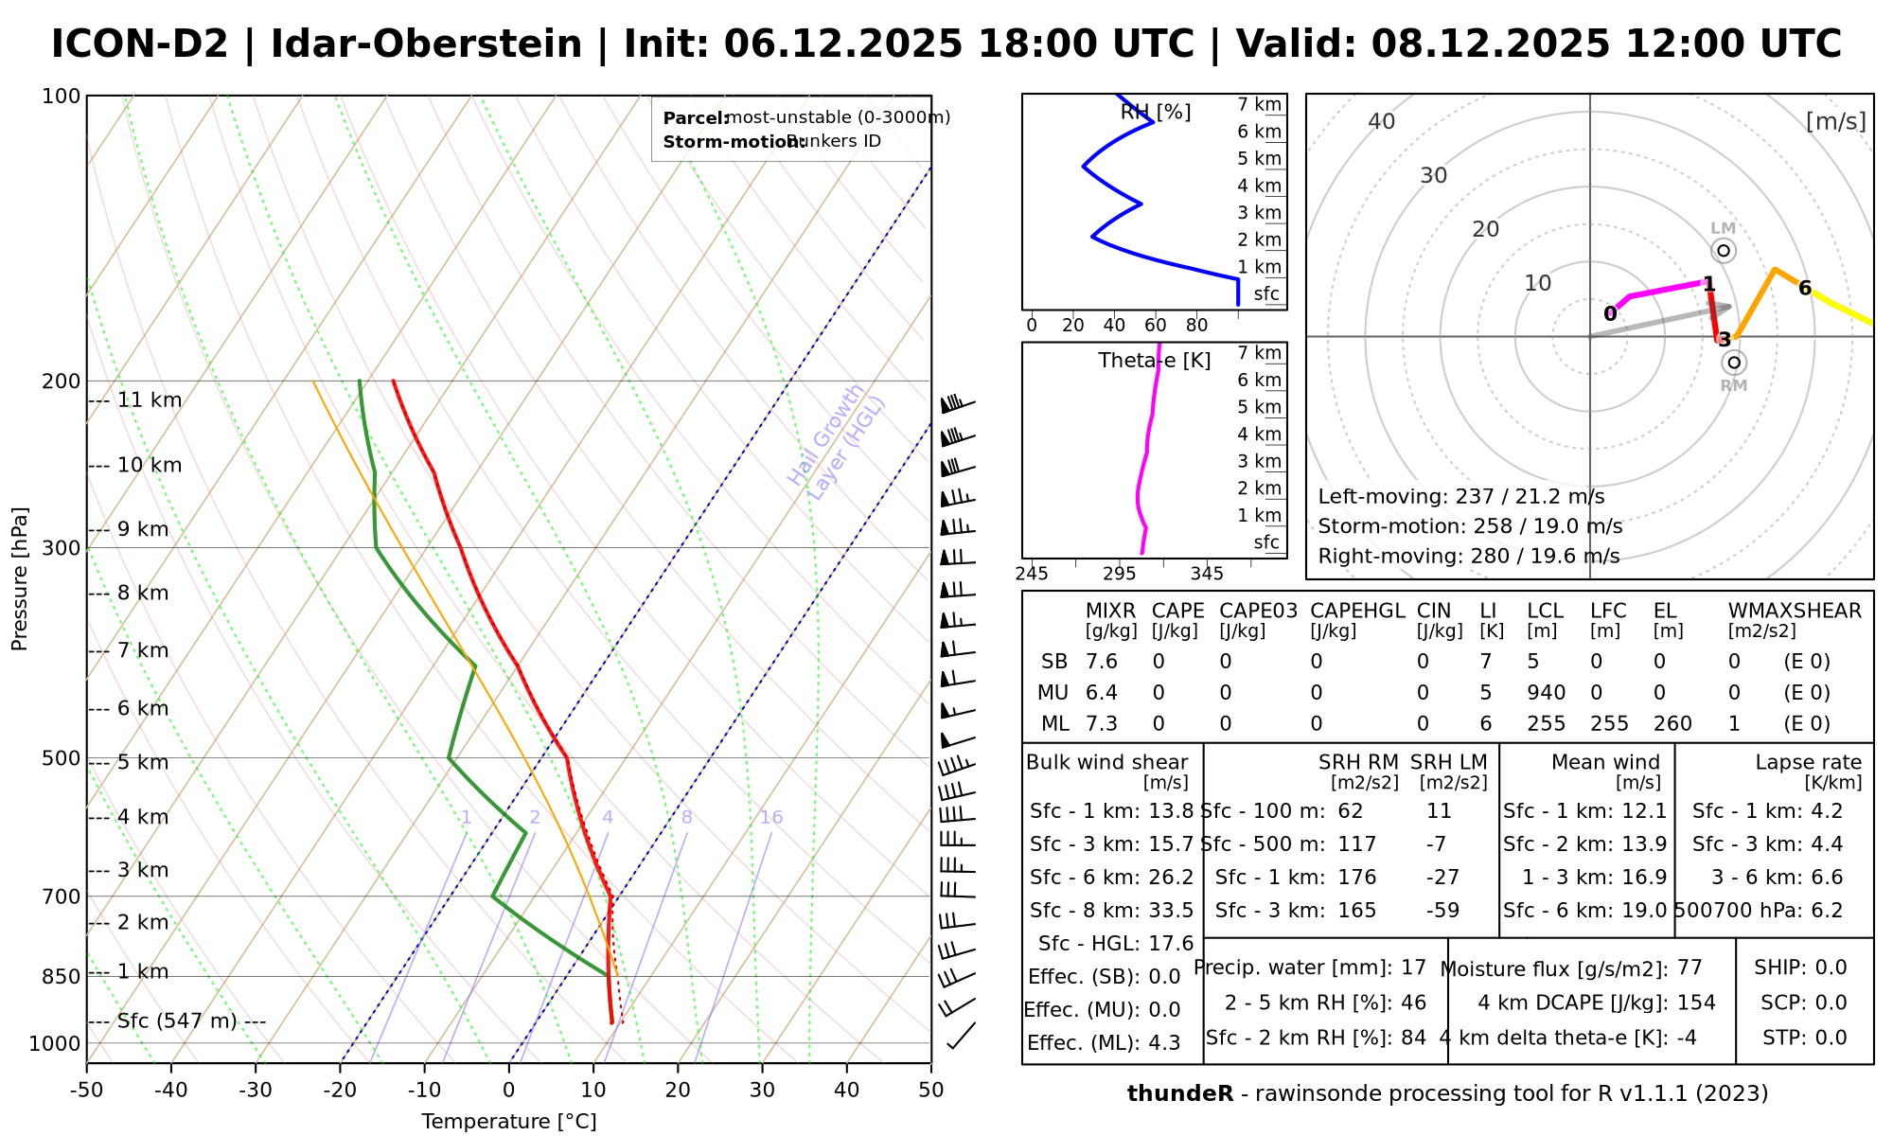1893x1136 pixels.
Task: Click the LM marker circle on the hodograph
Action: [1724, 251]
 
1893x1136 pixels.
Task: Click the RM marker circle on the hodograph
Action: [1734, 363]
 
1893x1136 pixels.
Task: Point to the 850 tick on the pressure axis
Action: [62, 976]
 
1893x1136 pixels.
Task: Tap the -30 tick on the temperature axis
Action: [256, 1091]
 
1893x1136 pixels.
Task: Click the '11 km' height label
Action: [150, 400]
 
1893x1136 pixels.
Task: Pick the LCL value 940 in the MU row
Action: [1546, 693]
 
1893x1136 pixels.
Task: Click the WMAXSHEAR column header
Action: [1795, 612]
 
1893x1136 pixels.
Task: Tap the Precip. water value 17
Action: [1413, 967]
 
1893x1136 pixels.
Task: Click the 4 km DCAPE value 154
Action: [1696, 1003]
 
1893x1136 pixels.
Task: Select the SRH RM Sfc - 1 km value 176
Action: [1357, 878]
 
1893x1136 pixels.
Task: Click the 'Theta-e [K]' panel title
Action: [1155, 361]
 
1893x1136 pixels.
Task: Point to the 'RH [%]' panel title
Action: [1156, 113]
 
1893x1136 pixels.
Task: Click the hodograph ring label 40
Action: [1382, 121]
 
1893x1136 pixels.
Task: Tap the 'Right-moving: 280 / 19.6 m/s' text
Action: [1468, 556]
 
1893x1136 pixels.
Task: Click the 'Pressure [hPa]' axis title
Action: [20, 578]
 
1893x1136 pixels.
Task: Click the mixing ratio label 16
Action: [771, 818]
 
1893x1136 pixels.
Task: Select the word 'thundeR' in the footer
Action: [1179, 1094]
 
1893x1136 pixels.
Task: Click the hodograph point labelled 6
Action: [1805, 289]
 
